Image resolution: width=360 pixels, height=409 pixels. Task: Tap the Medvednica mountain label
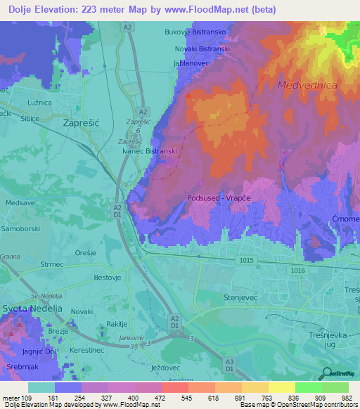click(x=308, y=85)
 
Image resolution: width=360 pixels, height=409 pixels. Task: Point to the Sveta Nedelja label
click(x=32, y=309)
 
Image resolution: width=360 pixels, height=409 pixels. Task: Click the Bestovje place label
click(x=108, y=278)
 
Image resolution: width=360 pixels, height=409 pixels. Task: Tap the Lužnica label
click(x=39, y=103)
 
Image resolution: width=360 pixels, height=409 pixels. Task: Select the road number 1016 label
click(x=296, y=270)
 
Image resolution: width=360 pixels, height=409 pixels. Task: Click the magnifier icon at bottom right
click(x=326, y=373)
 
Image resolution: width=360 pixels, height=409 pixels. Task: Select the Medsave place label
click(x=20, y=203)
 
